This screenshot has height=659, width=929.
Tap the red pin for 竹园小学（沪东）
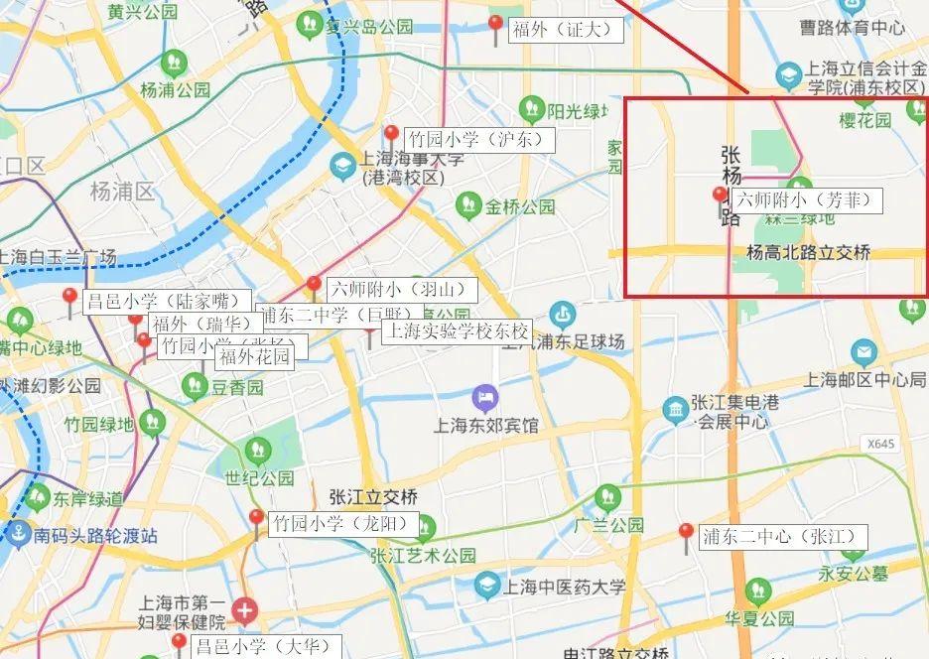click(x=391, y=136)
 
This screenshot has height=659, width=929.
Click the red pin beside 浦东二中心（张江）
click(x=685, y=534)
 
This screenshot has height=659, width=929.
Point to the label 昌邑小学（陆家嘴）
click(x=167, y=301)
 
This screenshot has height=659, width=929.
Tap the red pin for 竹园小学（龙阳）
click(x=257, y=519)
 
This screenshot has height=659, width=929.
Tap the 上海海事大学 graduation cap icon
click(x=343, y=166)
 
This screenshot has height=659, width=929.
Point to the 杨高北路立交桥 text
click(x=808, y=253)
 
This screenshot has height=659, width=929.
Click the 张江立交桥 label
click(x=373, y=496)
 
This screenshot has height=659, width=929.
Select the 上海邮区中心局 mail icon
click(x=863, y=352)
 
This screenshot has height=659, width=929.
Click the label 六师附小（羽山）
click(x=402, y=291)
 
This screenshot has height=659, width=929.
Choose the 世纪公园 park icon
click(x=259, y=451)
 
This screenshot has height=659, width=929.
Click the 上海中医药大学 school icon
click(x=486, y=587)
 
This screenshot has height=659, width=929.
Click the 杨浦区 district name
click(x=122, y=191)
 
